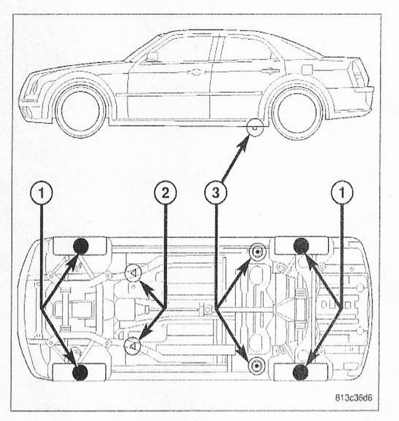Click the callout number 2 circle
[x=166, y=193]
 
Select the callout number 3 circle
[x=216, y=193]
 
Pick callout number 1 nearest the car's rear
[x=342, y=193]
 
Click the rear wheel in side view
[x=298, y=112]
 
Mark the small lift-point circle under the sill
[x=255, y=128]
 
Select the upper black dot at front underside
[x=80, y=246]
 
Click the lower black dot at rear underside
[x=301, y=373]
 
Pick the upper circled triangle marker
[x=133, y=272]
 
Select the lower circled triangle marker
[x=132, y=346]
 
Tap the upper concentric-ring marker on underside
[x=257, y=252]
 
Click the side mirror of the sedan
[x=152, y=56]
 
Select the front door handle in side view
[x=196, y=72]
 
